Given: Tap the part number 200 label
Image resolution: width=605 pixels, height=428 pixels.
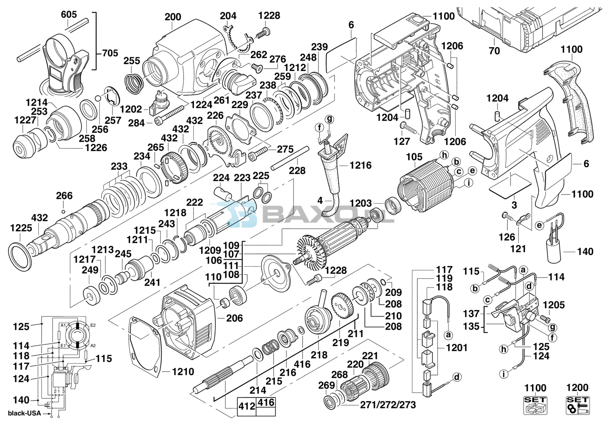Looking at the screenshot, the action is (x=173, y=17).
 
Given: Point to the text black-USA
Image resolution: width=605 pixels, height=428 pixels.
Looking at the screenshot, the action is (x=25, y=413).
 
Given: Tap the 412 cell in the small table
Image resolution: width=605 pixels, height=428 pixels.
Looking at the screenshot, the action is (x=246, y=407).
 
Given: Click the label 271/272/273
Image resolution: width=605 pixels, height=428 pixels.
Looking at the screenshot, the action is (x=388, y=405).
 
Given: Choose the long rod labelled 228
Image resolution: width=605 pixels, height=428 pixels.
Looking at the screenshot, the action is (x=290, y=159).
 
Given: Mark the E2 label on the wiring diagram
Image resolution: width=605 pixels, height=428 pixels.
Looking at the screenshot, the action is (x=93, y=325).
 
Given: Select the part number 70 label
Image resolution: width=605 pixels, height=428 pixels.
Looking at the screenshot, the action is (x=494, y=51).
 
